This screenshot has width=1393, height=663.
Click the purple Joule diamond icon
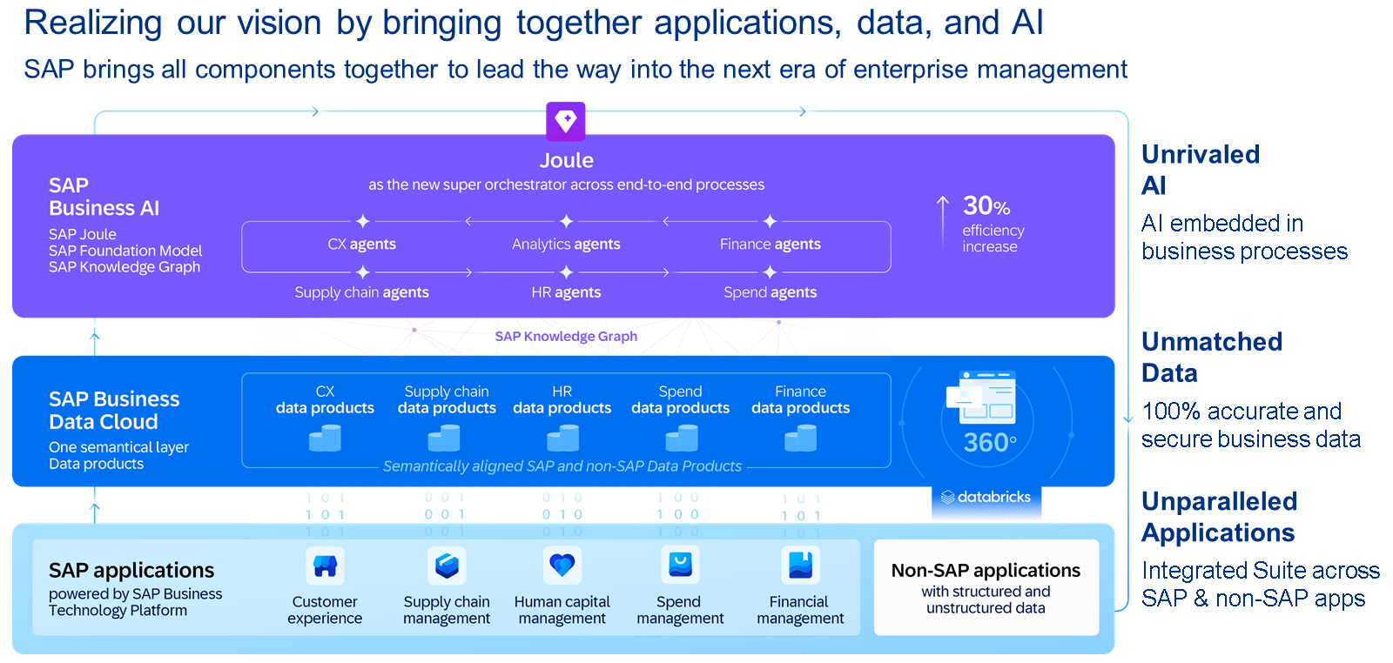pos(566,121)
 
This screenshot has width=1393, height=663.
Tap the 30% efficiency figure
pos(986,206)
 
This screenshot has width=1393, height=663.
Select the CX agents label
pos(361,244)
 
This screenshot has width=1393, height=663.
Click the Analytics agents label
pos(566,244)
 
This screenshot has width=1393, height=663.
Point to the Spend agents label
pos(770,292)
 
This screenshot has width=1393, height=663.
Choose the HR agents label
pos(566,292)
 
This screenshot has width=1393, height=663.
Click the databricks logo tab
pos(986,498)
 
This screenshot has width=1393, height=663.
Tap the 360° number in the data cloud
pos(989,443)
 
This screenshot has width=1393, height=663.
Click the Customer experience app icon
pos(325,566)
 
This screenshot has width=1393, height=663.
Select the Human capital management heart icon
pos(562,566)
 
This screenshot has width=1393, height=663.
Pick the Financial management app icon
pos(799,566)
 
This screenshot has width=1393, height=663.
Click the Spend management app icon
pos(679,566)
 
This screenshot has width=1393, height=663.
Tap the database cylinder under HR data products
pos(562,438)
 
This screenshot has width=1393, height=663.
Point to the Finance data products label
pos(800,400)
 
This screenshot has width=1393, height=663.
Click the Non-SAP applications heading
pos(986,571)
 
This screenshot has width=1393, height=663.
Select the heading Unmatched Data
pos(1211,357)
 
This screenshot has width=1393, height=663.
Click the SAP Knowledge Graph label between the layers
pos(566,337)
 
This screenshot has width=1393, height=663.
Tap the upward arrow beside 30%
pos(943,222)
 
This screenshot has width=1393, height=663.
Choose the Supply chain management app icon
pos(447,566)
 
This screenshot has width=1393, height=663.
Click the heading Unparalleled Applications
pos(1219,517)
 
